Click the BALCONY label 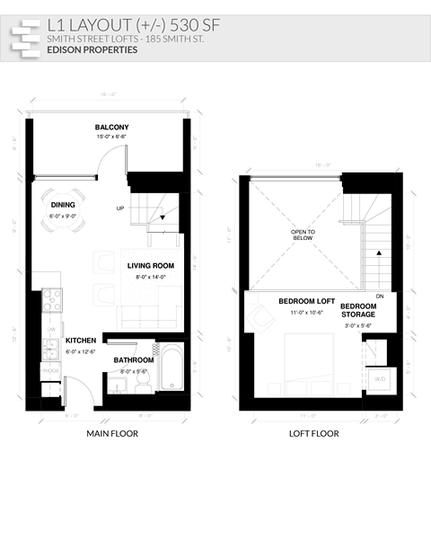click(112, 128)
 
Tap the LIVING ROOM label click(151, 266)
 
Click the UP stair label click(120, 208)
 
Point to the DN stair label click(380, 296)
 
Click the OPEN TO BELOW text click(303, 235)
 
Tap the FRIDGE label click(49, 370)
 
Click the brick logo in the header click(24, 37)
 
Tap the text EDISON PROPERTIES click(93, 51)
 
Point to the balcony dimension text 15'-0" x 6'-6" click(112, 137)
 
